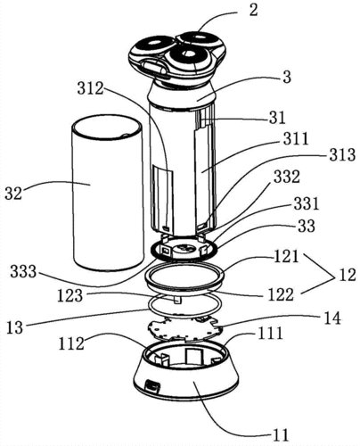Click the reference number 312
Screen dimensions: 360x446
pos(90,88)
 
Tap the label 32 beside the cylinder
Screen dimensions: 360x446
pos(13,194)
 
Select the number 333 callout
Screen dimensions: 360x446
pos(23,271)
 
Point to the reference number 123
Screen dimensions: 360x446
pos(70,295)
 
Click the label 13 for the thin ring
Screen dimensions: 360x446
pos(14,327)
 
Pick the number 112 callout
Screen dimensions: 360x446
pos(71,344)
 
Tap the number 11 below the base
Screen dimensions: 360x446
pos(280,435)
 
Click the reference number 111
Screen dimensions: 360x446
pos(270,333)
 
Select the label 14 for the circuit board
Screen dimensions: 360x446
pos(331,318)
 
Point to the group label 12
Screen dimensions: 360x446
pos(347,275)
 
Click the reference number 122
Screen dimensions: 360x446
pos(281,295)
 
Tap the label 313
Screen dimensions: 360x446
pos(342,155)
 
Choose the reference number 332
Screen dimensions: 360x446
pos(287,178)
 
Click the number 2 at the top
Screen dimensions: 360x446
pos(253,10)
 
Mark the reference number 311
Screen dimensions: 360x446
pos(296,138)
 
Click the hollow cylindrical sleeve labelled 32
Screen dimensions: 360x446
pos(107,194)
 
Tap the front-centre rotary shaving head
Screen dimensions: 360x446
pos(188,59)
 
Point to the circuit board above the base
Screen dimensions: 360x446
pos(184,329)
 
